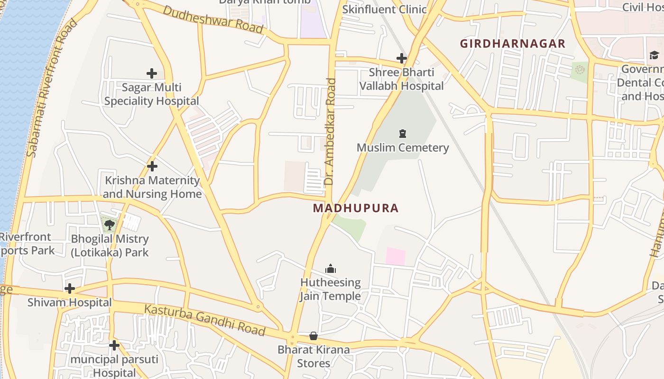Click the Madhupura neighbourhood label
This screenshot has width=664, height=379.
(356, 208)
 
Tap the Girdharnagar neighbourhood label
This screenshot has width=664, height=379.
(513, 44)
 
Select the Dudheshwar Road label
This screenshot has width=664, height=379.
(213, 19)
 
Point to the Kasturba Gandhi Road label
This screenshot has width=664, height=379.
(204, 320)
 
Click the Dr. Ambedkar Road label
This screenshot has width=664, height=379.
(330, 132)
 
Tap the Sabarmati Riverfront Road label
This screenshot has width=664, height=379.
(52, 88)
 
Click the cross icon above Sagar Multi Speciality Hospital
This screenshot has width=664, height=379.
(152, 73)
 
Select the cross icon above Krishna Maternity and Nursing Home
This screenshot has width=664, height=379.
(152, 166)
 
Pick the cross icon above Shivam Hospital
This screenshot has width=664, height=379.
(70, 289)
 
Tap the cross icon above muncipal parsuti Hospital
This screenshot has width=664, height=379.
(114, 345)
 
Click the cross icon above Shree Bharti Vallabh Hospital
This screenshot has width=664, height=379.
(402, 58)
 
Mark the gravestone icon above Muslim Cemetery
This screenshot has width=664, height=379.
(403, 134)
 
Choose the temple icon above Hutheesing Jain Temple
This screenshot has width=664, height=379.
(331, 269)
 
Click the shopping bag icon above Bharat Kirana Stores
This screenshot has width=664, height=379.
(314, 336)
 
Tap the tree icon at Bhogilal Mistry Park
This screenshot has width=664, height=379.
(110, 225)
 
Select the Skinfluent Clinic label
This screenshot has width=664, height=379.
(384, 9)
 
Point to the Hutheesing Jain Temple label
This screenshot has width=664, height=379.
(331, 289)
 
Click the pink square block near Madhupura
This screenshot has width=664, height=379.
(396, 256)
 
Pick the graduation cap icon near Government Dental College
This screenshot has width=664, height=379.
(655, 55)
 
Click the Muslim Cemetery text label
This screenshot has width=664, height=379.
(403, 148)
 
